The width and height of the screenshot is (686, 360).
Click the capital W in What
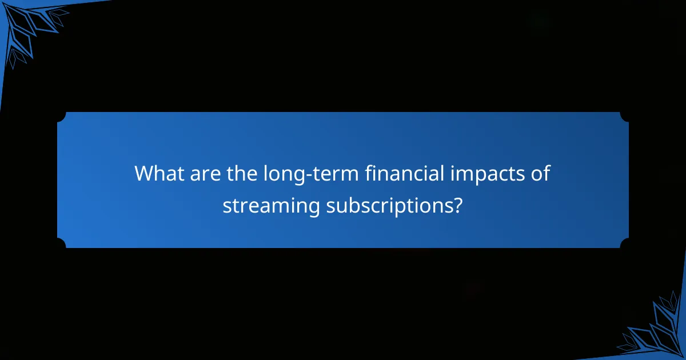(143, 173)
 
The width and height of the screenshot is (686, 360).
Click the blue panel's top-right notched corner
(624, 117)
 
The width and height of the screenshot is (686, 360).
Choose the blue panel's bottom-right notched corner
(624, 243)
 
